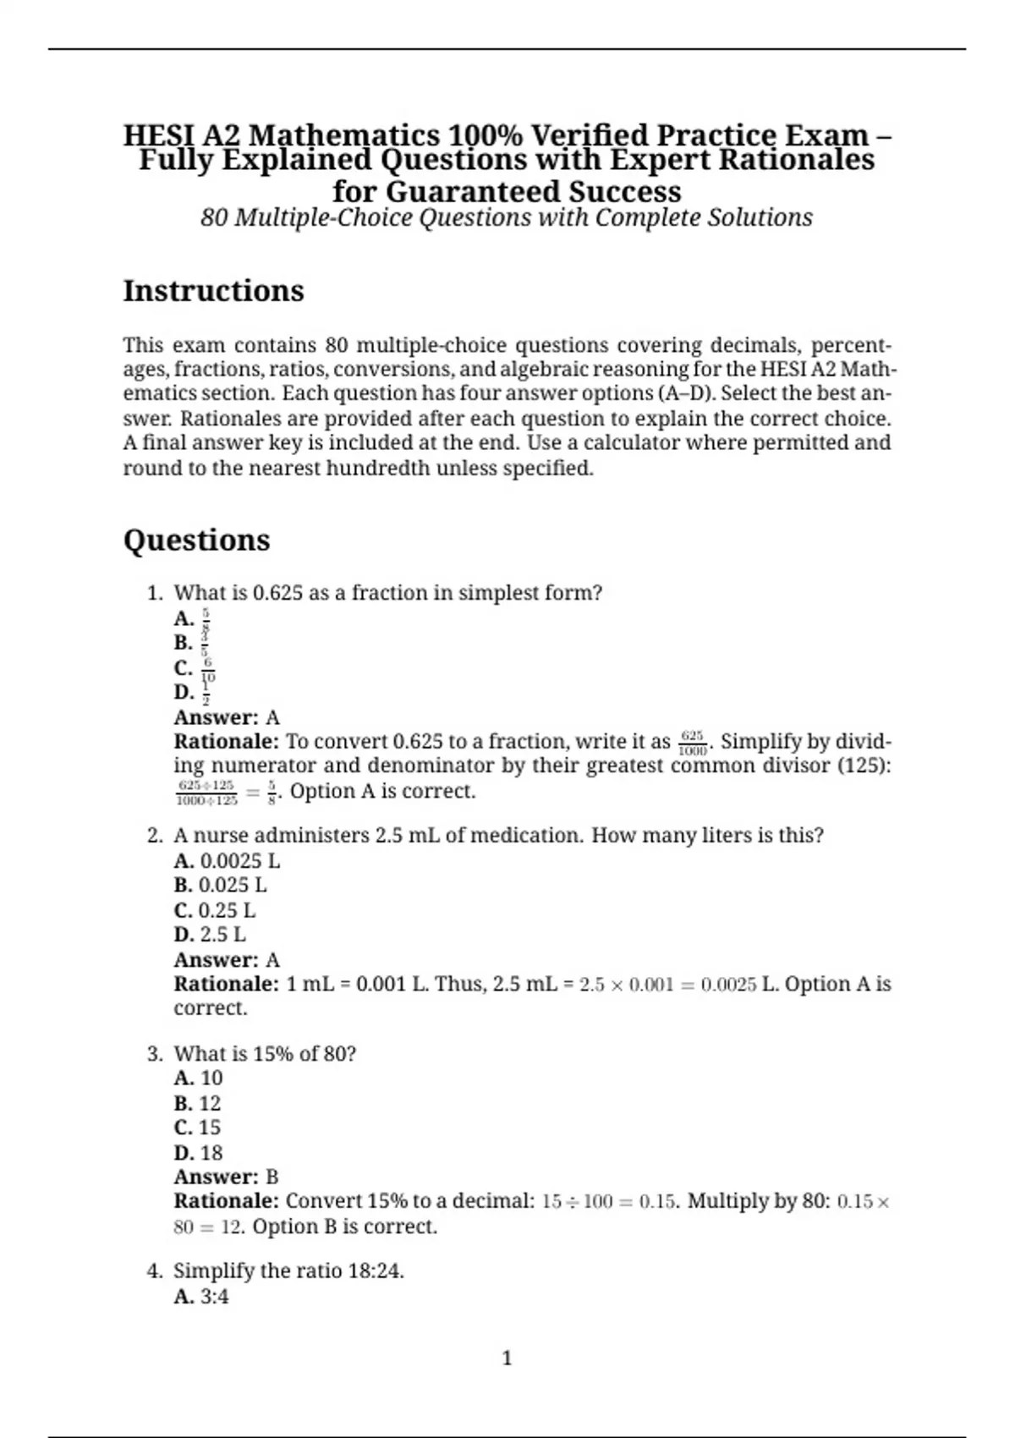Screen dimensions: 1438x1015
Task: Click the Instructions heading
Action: point(213,291)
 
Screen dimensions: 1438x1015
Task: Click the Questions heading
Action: point(196,541)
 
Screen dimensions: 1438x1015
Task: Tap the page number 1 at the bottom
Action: point(507,1358)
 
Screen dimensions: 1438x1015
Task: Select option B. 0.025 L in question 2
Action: point(220,886)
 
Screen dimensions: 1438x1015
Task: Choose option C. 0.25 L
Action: point(214,910)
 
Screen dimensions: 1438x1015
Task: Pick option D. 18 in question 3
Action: point(198,1153)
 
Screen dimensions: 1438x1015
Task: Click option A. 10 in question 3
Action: point(198,1078)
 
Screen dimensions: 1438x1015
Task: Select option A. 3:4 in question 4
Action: point(200,1297)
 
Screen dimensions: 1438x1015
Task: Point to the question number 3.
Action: point(154,1054)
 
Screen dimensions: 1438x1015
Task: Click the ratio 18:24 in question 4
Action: point(375,1271)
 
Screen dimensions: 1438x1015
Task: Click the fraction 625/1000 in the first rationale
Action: point(693,743)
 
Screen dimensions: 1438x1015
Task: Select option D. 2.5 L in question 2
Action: point(210,935)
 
